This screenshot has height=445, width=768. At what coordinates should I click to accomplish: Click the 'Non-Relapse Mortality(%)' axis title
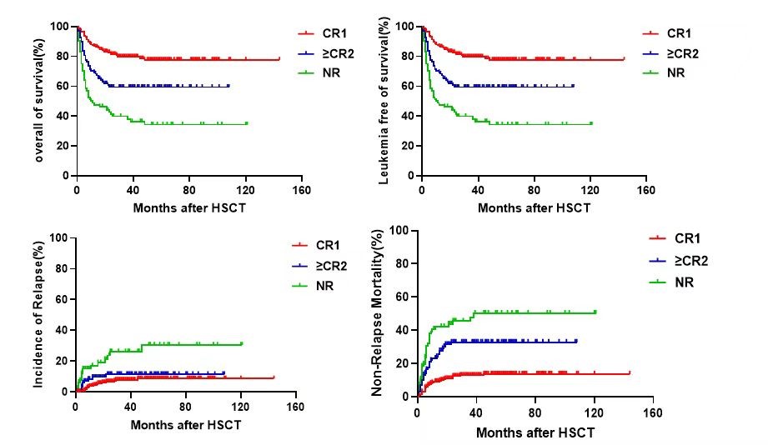(378, 318)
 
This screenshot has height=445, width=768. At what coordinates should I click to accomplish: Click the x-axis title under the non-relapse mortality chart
(535, 433)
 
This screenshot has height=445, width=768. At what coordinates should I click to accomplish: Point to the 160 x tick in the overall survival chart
(300, 189)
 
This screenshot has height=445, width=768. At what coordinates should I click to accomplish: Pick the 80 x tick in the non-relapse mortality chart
(535, 411)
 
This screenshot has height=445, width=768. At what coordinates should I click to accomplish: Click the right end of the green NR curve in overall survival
(246, 123)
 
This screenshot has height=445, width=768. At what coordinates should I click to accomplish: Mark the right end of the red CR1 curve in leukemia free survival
(623, 59)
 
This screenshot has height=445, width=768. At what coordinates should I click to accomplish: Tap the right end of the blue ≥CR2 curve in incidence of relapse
(223, 372)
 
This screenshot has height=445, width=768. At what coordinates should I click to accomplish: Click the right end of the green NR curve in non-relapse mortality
(595, 312)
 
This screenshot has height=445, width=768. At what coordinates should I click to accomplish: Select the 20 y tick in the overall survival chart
(64, 146)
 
